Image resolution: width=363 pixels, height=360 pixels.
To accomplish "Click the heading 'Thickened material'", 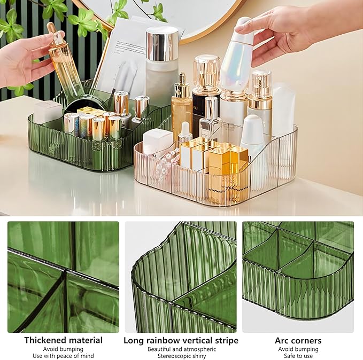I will (63, 340).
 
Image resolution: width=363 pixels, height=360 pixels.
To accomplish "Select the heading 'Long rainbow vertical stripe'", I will (181, 340).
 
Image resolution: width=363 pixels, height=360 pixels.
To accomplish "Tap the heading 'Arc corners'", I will (298, 340).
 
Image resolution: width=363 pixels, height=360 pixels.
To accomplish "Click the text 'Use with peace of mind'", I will (63, 356).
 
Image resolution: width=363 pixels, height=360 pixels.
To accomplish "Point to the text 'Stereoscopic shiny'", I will (181, 356).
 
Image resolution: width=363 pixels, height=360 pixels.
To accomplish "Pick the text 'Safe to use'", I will (298, 356).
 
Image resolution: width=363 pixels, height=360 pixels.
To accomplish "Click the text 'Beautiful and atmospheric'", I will (181, 349).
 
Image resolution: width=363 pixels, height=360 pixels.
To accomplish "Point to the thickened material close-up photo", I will (63, 277).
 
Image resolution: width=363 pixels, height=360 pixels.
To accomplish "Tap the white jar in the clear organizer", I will (158, 142).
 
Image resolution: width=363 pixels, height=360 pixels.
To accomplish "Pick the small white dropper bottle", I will (185, 133).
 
